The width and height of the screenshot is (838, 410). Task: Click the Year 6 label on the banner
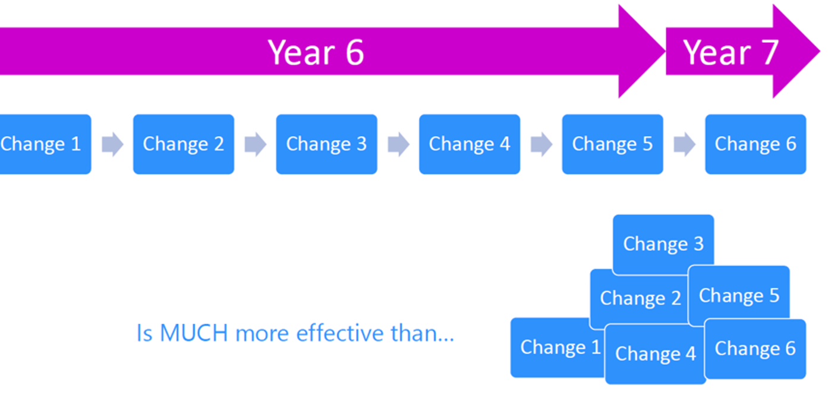(x=316, y=52)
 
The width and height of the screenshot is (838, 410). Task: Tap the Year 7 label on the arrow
(x=730, y=52)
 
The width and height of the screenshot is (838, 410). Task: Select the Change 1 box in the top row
(x=42, y=144)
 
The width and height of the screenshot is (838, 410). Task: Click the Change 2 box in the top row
(x=184, y=144)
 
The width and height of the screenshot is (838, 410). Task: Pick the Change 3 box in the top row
(x=326, y=144)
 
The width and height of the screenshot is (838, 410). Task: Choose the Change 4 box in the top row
(x=470, y=144)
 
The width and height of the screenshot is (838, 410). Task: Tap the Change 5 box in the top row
(x=612, y=144)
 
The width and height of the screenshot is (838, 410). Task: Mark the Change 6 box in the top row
(x=755, y=144)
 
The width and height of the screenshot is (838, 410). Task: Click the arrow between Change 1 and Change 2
(x=112, y=144)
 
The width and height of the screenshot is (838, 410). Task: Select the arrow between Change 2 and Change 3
(x=255, y=144)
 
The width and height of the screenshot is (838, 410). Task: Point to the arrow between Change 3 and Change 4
(x=398, y=144)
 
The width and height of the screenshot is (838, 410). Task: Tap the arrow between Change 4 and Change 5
(x=541, y=144)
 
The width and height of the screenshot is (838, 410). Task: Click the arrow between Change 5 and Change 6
(x=684, y=144)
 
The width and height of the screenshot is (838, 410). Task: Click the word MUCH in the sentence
(x=194, y=333)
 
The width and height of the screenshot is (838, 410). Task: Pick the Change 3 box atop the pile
(x=663, y=244)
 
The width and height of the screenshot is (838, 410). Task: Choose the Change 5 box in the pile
(x=739, y=295)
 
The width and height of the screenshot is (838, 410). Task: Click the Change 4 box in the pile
(x=655, y=354)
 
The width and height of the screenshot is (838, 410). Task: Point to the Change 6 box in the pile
(x=755, y=349)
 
